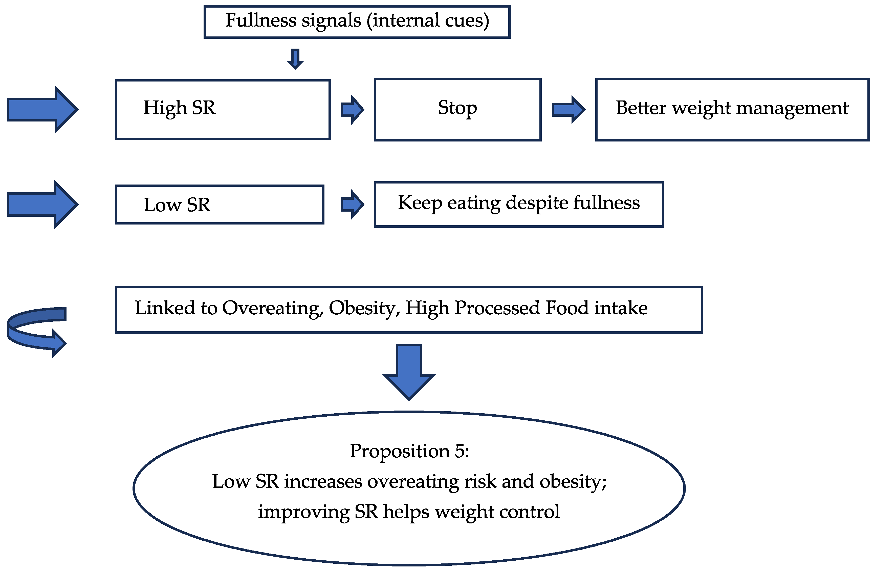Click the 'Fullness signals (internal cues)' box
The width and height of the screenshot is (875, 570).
[357, 21]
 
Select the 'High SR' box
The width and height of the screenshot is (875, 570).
[223, 109]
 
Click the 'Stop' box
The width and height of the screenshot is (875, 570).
[457, 109]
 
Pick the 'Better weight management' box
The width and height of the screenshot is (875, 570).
[732, 109]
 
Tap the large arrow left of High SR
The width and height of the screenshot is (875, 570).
[42, 109]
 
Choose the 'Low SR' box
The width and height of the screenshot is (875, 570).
[220, 204]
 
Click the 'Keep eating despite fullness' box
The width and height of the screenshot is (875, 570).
[518, 204]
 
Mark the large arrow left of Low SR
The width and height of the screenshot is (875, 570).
[42, 204]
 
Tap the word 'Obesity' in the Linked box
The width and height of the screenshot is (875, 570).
[363, 308]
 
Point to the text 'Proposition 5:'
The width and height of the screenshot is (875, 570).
[409, 451]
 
